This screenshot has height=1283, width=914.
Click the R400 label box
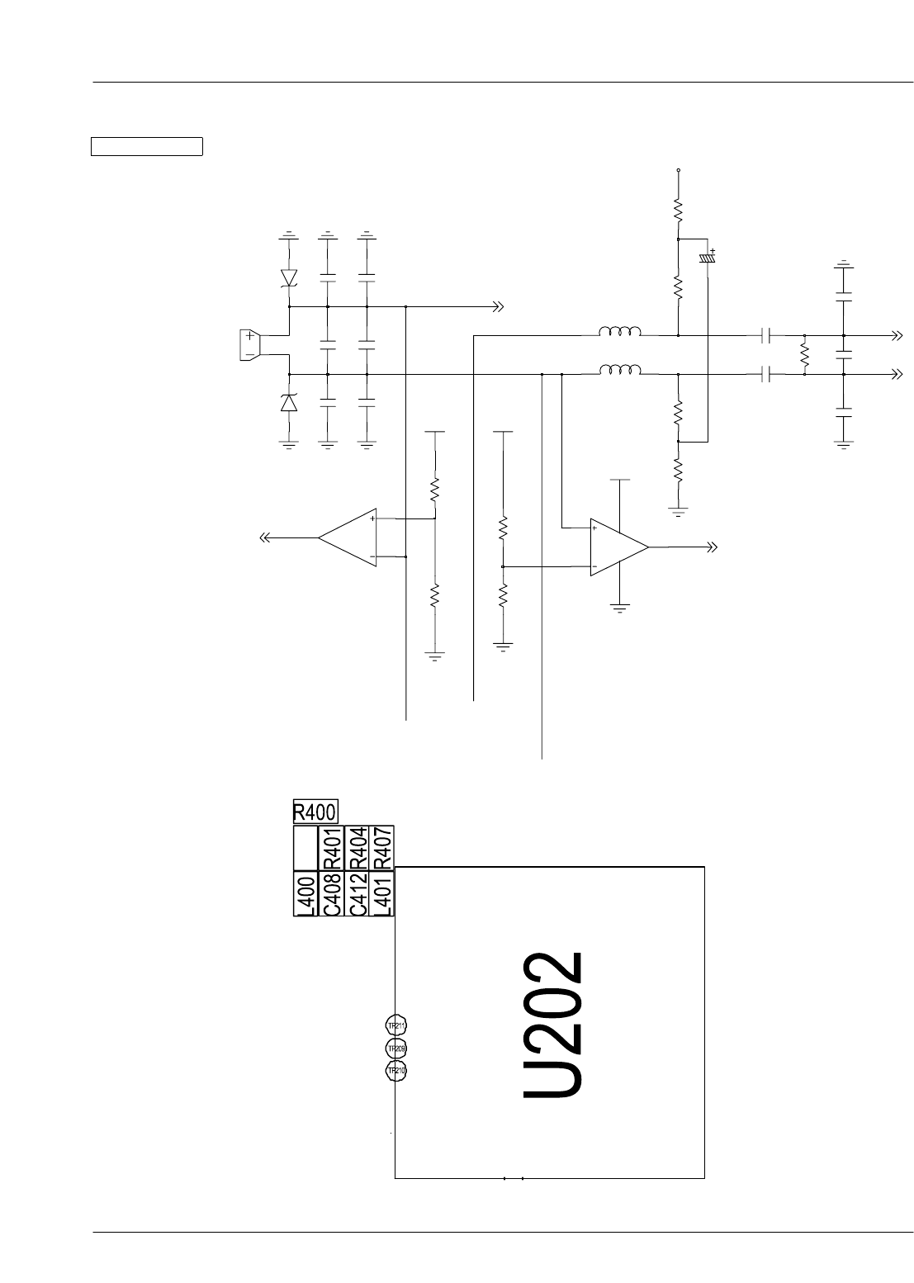315,812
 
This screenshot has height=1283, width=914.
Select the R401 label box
332,847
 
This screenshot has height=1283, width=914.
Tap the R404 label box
358,847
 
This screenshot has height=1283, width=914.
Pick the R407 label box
382,847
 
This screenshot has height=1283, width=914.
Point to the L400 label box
305,893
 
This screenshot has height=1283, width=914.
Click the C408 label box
332,893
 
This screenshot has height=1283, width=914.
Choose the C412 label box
358,893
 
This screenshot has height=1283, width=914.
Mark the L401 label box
382,893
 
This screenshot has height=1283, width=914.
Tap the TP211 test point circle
396,1026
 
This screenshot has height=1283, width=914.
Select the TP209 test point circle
396,1049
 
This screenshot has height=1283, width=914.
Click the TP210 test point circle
396,1071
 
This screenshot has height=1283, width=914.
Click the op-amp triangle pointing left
348,538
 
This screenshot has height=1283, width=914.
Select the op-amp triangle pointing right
618,547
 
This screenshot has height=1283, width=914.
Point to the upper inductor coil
619,332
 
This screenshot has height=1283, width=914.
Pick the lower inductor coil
619,371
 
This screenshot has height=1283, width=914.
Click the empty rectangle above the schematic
146,147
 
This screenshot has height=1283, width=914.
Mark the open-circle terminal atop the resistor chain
678,170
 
